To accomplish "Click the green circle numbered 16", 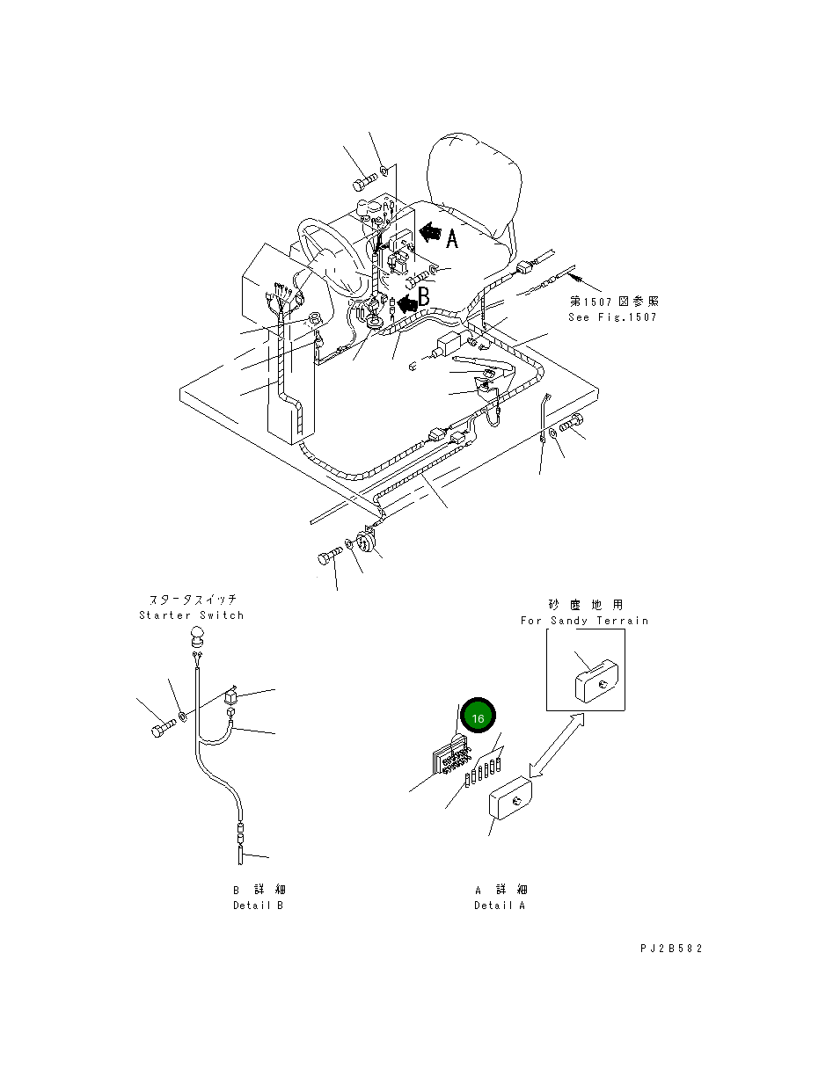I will tap(478, 718).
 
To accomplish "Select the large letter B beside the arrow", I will tap(424, 298).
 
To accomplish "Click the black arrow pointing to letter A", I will tap(430, 233).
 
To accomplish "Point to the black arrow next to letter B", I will tap(406, 303).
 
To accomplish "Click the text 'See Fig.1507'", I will tap(612, 317).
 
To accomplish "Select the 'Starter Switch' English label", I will tap(191, 615).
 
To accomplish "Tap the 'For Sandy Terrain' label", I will tap(584, 621).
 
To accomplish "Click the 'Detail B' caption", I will tap(258, 906).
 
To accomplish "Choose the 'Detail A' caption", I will tap(499, 906).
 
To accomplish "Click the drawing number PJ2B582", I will tap(671, 949).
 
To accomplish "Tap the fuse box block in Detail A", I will tap(450, 756).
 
